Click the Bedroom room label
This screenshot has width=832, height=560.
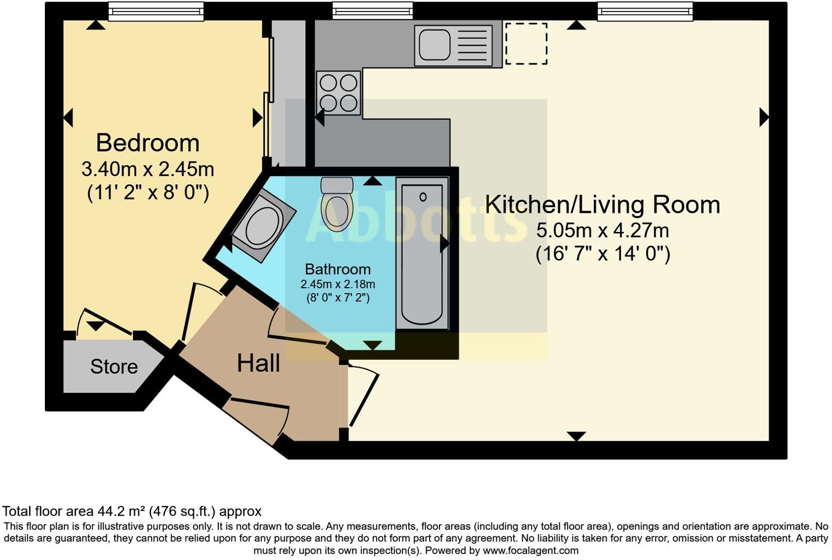(148, 143)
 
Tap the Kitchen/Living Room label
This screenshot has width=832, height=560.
(602, 205)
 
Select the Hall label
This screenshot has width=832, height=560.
(258, 363)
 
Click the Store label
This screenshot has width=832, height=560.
(114, 366)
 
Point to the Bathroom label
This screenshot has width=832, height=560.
(338, 269)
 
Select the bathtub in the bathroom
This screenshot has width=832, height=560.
(422, 254)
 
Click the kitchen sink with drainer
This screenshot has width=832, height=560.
(452, 45)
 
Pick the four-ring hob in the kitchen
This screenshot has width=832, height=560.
(338, 92)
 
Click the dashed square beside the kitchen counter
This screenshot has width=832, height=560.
(525, 44)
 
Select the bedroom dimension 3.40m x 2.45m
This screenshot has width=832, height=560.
(148, 169)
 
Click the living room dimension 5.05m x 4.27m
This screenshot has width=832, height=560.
(602, 230)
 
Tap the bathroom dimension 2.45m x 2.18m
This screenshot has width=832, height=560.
(338, 284)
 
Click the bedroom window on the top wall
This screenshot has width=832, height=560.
(156, 11)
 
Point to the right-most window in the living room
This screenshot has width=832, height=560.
(645, 11)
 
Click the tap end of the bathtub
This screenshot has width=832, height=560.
(423, 197)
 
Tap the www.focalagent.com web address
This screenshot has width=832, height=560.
(530, 550)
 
